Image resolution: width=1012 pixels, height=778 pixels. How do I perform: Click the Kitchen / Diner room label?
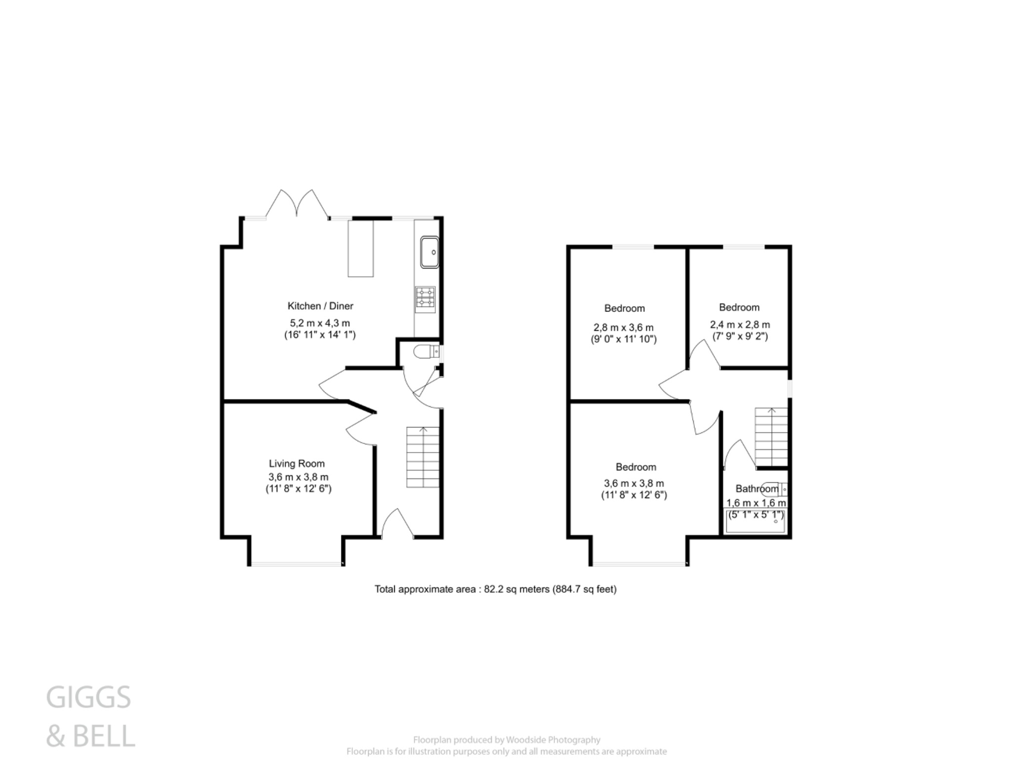click(x=320, y=306)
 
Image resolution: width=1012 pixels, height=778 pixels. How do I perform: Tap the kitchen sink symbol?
click(x=429, y=252)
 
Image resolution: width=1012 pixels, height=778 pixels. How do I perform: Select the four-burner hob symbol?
click(x=425, y=300)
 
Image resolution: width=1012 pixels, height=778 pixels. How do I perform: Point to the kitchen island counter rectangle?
click(x=361, y=248)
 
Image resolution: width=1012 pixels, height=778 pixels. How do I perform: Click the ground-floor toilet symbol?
click(x=425, y=352)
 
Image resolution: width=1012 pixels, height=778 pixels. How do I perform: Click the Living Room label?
click(x=296, y=464)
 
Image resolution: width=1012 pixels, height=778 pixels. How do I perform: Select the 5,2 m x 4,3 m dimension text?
click(x=320, y=323)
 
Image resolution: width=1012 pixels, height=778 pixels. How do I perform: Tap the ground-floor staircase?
click(x=422, y=457)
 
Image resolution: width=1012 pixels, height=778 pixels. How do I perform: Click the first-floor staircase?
click(x=771, y=436)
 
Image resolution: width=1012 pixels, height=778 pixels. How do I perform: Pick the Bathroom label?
click(x=757, y=489)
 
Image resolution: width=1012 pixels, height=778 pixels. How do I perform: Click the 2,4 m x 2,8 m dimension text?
click(x=740, y=325)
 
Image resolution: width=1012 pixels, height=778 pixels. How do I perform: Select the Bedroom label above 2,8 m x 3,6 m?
click(x=624, y=309)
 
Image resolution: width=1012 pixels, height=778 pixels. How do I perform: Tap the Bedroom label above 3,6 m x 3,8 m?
click(x=635, y=467)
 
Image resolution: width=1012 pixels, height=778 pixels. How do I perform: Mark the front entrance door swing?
click(x=398, y=524)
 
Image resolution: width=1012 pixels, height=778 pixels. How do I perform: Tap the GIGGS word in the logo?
click(x=89, y=698)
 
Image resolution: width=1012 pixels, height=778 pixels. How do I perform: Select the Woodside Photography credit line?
click(x=506, y=739)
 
